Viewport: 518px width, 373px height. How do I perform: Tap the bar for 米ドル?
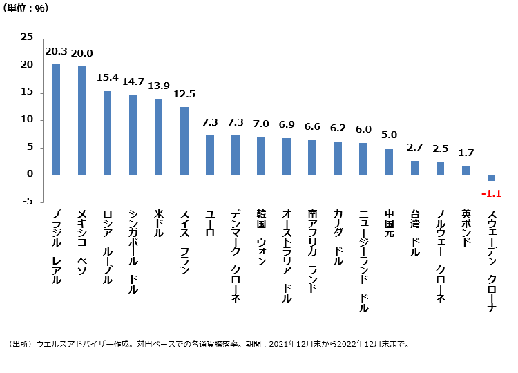(x=158, y=137)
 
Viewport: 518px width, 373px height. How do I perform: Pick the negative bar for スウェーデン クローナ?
(x=491, y=178)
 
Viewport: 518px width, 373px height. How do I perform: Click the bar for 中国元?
(x=389, y=162)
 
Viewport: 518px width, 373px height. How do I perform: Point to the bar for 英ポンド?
(x=466, y=170)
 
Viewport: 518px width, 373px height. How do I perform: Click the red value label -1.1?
(x=490, y=194)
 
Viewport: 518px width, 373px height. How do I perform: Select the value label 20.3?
(x=56, y=52)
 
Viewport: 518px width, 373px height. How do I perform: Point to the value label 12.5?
(x=184, y=94)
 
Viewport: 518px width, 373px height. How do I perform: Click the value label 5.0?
(x=389, y=135)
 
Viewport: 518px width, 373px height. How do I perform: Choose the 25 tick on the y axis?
(x=27, y=38)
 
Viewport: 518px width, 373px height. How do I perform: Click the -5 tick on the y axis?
(x=27, y=202)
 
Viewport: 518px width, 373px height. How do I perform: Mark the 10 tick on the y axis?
(x=27, y=120)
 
